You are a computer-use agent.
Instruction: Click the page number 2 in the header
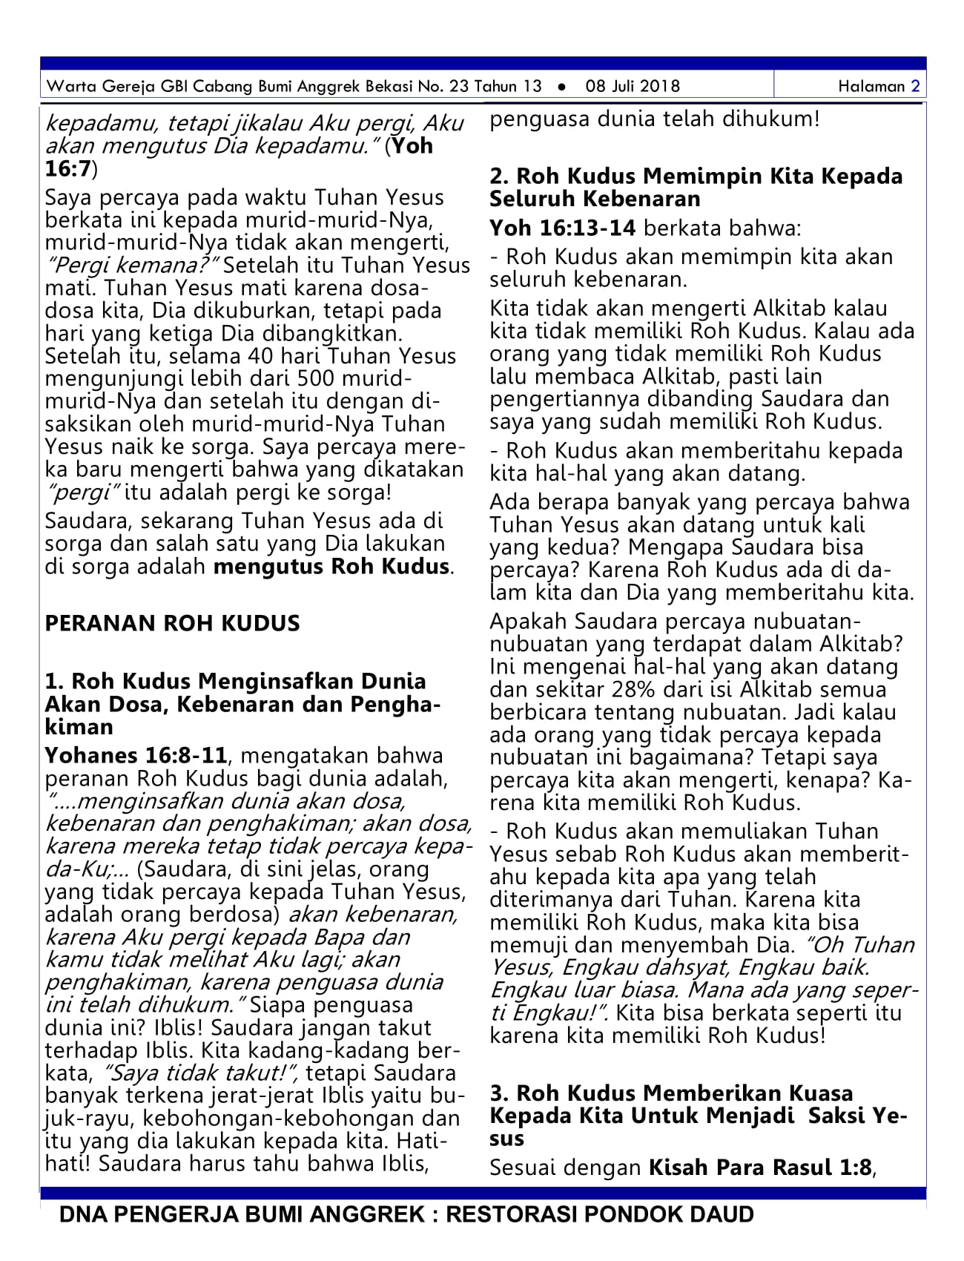pos(915,86)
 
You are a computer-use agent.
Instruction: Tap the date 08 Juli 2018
pos(632,86)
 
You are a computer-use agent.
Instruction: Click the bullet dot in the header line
pos(562,87)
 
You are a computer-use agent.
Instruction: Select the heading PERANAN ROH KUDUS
pos(172,623)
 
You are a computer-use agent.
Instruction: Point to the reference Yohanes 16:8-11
pos(136,756)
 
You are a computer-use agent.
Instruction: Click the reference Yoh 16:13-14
pos(562,228)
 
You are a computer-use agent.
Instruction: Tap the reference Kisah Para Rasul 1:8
pos(760,1168)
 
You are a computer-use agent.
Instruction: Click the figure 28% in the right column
pos(633,690)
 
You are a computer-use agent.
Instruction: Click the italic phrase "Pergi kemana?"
pos(131,266)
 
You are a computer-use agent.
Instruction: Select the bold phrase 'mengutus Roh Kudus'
pos(331,567)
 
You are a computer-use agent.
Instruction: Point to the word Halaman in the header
pos(871,86)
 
